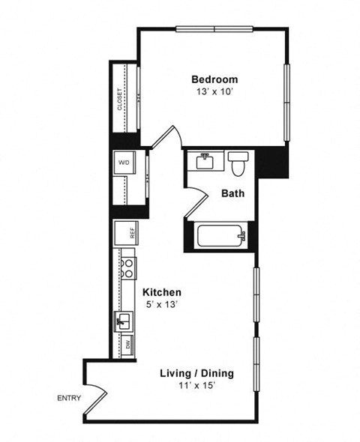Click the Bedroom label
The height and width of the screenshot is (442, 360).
tap(214, 79)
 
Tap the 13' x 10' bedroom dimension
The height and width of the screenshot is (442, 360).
tap(214, 94)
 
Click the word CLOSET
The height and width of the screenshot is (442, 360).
tap(120, 100)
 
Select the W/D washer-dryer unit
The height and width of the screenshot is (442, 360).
tap(123, 163)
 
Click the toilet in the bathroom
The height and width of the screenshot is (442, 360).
tap(239, 161)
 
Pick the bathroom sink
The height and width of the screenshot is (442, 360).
tap(205, 161)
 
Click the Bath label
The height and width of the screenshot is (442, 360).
tap(232, 193)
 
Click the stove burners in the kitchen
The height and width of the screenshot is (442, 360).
tap(128, 268)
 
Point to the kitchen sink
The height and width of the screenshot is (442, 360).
tap(124, 322)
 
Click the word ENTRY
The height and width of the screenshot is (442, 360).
tap(69, 399)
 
